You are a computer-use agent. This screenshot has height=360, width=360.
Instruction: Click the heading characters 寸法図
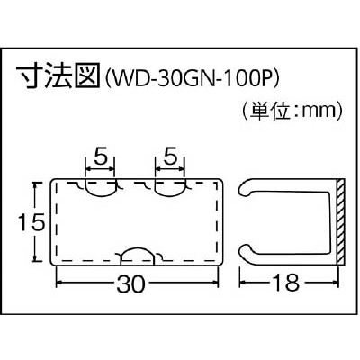coord(58,75)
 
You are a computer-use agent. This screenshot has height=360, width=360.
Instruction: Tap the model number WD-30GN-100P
coord(193,78)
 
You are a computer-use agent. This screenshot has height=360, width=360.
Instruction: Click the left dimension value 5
coord(100,157)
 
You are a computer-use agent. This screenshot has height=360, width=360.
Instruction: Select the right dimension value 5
coord(170,157)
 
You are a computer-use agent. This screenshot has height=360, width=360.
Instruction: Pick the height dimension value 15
coord(31,222)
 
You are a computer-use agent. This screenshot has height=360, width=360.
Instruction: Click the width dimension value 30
coord(130,283)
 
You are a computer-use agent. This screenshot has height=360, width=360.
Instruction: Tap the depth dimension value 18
coord(286,283)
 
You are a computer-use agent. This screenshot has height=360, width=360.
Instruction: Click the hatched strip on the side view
coord(340,221)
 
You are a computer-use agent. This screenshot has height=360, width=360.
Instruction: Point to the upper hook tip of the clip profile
coord(244,190)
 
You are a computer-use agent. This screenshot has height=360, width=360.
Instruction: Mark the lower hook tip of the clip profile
coord(244,251)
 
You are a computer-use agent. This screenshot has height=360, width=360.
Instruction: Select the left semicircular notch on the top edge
coord(100,188)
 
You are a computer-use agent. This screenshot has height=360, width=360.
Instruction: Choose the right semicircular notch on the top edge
coord(170,188)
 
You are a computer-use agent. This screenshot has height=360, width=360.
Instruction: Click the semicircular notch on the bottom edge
coord(138,256)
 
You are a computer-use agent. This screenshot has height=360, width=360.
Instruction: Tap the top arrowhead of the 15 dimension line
coord(35,187)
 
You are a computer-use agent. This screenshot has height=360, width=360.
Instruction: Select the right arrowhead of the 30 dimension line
coord(214,283)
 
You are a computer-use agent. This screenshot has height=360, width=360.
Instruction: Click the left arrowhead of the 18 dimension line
coord(243,283)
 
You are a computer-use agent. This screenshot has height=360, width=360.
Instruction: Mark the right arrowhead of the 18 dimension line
coord(335,283)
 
